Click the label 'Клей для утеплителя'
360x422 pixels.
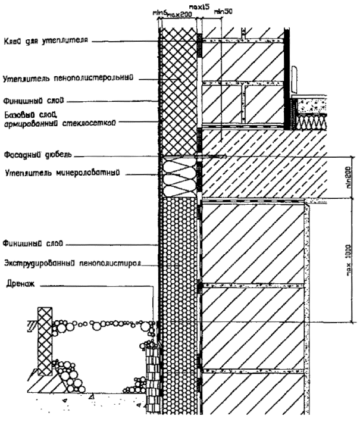tap(45, 42)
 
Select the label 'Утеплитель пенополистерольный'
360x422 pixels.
tap(67, 77)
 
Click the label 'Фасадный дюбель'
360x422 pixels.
tap(37, 155)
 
